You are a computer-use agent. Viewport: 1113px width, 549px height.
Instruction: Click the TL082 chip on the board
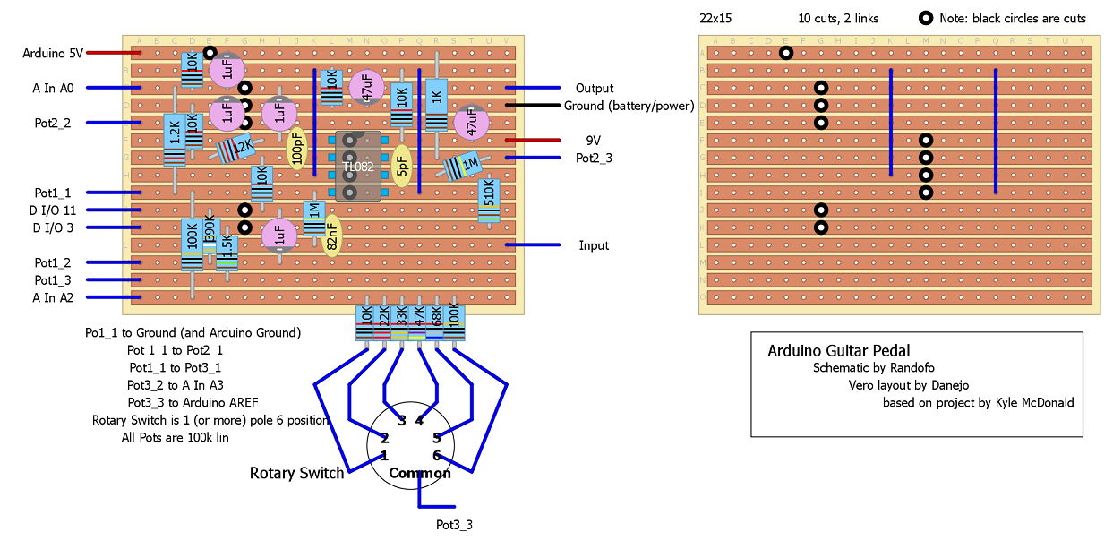pyautogui.click(x=358, y=166)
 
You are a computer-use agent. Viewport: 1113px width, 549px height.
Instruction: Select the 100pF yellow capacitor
pyautogui.click(x=296, y=149)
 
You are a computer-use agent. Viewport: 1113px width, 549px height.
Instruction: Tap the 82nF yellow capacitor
pyautogui.click(x=331, y=236)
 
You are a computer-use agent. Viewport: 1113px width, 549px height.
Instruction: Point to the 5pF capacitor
pyautogui.click(x=402, y=167)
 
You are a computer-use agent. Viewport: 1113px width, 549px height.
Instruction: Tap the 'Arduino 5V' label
pyautogui.click(x=53, y=53)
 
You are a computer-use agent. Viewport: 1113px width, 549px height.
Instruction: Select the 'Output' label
pyautogui.click(x=594, y=88)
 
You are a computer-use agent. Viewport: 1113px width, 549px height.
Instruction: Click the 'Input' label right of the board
pyautogui.click(x=594, y=245)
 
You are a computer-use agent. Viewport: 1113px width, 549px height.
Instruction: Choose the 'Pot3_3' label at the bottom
pyautogui.click(x=454, y=524)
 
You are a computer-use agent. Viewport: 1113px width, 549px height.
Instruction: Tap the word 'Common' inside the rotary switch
pyautogui.click(x=419, y=473)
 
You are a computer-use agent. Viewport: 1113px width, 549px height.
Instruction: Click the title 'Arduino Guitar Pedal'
pyautogui.click(x=838, y=351)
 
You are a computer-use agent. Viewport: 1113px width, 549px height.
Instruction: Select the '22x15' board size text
pyautogui.click(x=715, y=18)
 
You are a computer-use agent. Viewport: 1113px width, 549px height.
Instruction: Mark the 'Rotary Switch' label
pyautogui.click(x=296, y=473)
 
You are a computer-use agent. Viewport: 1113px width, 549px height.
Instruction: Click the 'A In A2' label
pyautogui.click(x=54, y=297)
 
